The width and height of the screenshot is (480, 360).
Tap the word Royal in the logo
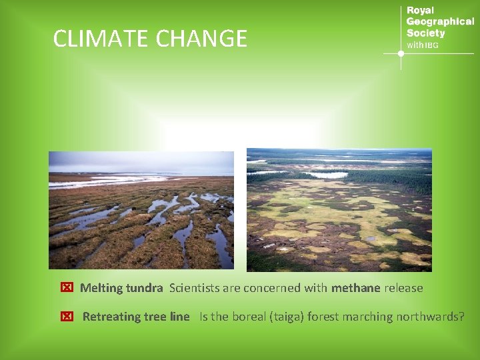point(420,11)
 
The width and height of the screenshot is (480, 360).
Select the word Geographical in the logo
point(440,22)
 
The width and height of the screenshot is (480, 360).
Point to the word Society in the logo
point(425,33)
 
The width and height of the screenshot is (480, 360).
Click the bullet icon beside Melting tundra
point(66,288)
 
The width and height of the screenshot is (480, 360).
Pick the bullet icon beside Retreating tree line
point(66,317)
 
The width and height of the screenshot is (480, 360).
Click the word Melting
point(101,288)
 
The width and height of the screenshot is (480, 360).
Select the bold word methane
point(355,288)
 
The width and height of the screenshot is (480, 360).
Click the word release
point(403,288)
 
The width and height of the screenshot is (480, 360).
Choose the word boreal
point(249,317)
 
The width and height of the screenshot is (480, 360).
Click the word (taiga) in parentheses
point(287,317)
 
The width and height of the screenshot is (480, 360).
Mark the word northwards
point(430,317)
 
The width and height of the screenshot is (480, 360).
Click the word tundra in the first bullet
point(144,288)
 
